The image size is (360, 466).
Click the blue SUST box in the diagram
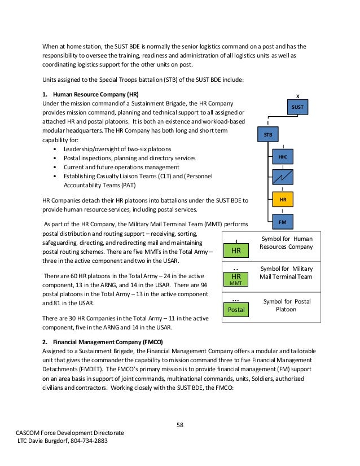(x=297, y=107)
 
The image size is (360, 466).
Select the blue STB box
(x=268, y=135)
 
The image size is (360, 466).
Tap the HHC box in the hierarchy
(x=283, y=157)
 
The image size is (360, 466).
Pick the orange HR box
(x=283, y=200)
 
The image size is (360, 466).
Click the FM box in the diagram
(x=283, y=223)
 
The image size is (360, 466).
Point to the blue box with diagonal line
(x=283, y=178)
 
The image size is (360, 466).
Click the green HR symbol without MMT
(x=236, y=250)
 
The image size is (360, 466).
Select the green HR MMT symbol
(x=236, y=278)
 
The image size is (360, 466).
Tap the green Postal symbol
(x=236, y=310)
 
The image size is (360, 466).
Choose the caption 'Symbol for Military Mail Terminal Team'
(x=286, y=272)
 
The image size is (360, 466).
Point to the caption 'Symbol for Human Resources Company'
(x=286, y=243)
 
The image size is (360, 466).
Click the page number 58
(x=181, y=425)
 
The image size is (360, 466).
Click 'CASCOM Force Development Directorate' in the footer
(x=70, y=433)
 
